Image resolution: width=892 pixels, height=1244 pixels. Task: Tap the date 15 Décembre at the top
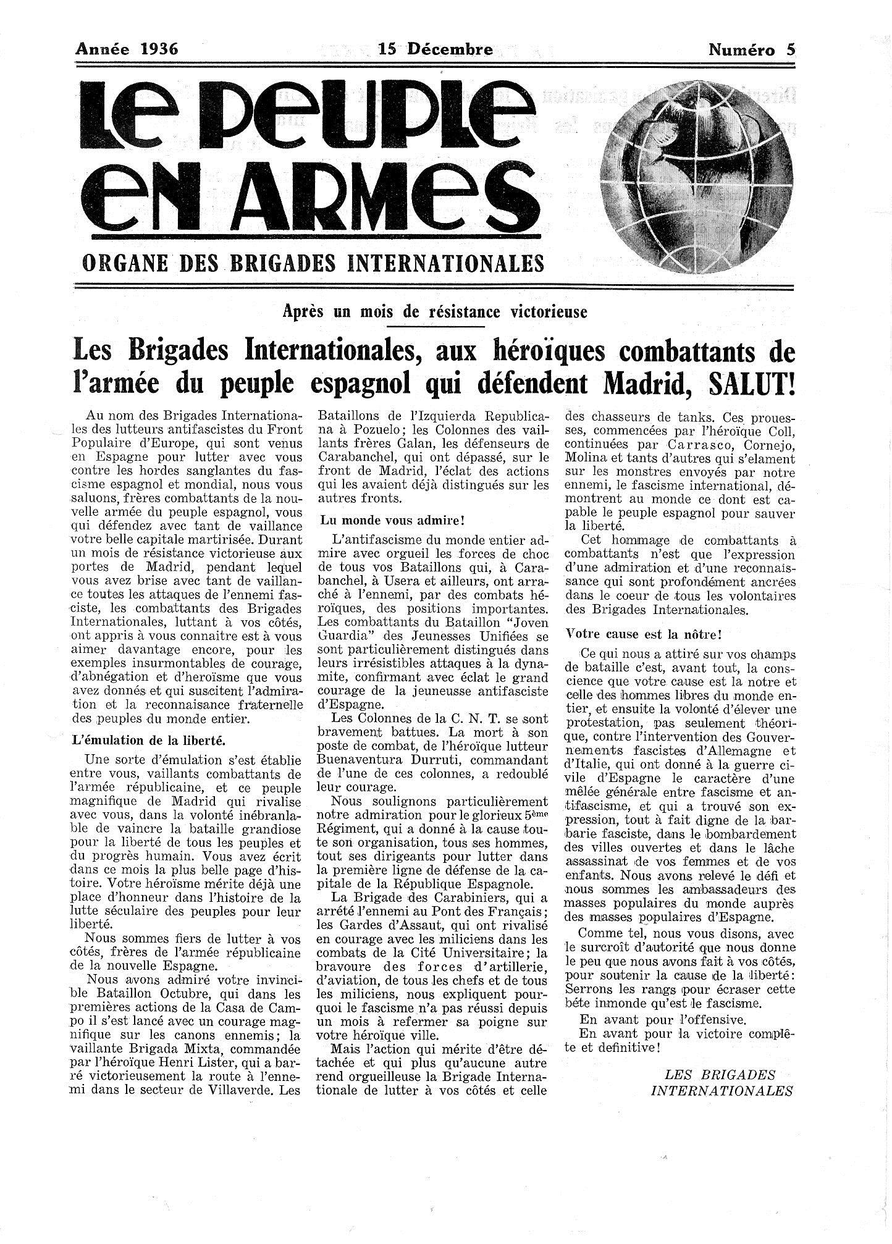[435, 49]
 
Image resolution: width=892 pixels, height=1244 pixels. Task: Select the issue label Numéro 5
[751, 50]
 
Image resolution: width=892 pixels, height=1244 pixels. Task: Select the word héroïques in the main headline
[539, 352]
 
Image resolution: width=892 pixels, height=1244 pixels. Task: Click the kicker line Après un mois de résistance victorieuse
[434, 312]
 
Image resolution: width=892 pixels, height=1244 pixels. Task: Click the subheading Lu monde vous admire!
[392, 521]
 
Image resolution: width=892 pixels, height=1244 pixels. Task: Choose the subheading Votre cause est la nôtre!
[644, 634]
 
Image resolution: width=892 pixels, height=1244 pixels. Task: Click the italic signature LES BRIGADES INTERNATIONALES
[722, 1083]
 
